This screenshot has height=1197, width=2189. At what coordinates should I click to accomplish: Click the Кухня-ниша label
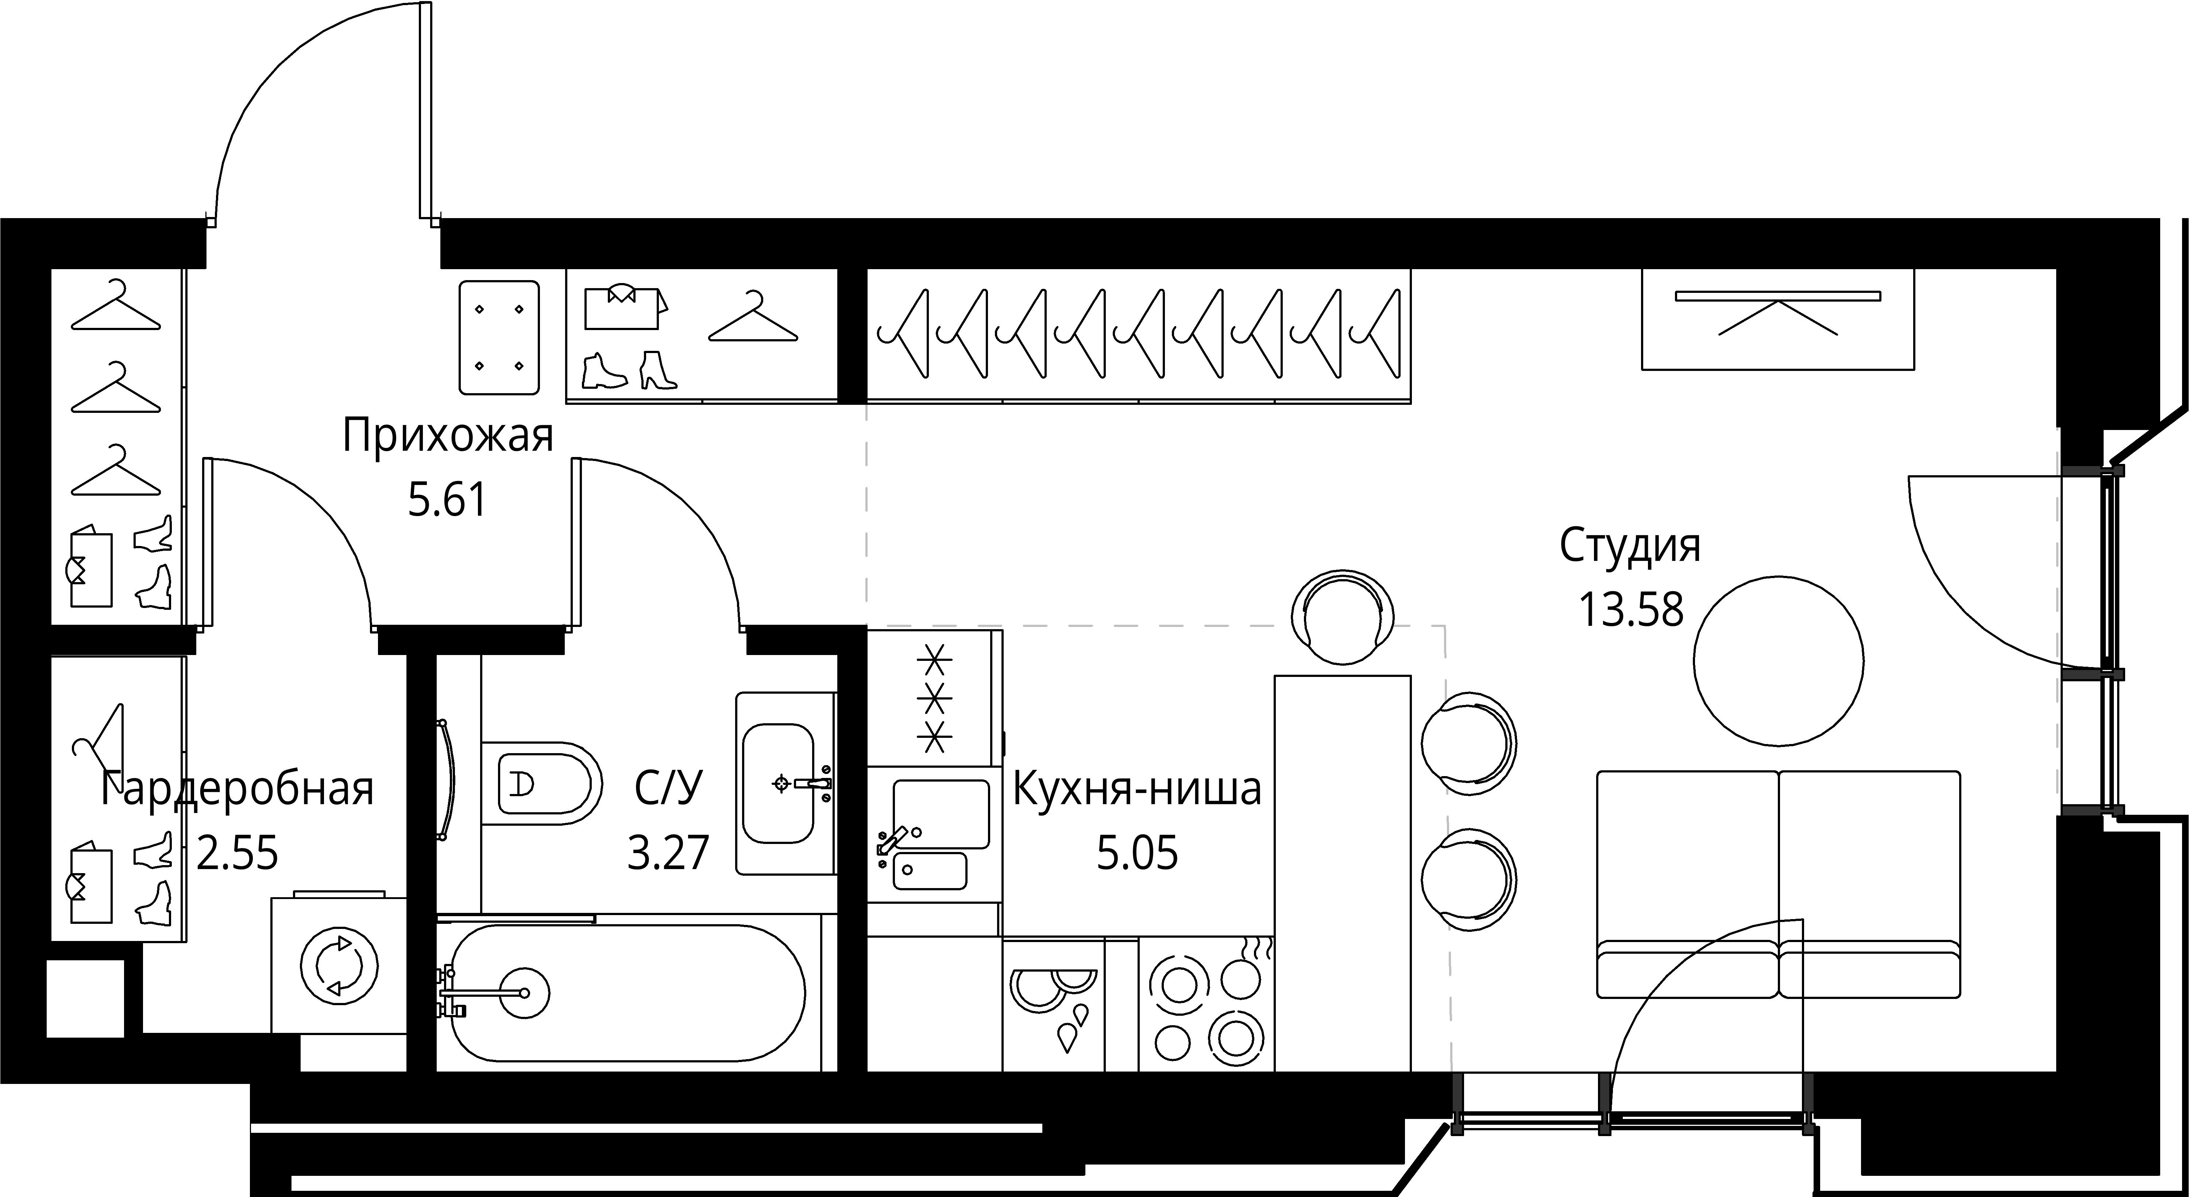[1137, 789]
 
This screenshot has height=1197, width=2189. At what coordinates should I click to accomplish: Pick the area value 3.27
[668, 853]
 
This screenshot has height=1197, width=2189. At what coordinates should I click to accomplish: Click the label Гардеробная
[237, 789]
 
